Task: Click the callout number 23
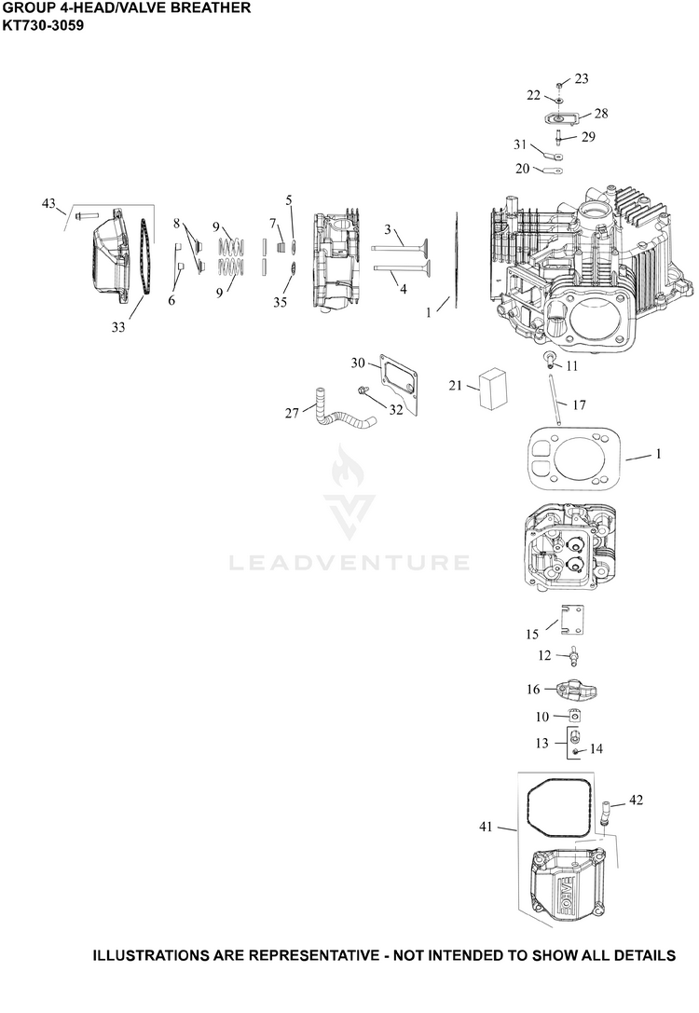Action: coord(582,78)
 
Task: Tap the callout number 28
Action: coord(601,113)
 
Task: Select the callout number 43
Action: coord(49,203)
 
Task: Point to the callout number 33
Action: coord(118,327)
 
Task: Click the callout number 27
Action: coord(292,412)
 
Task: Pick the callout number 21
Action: coord(456,385)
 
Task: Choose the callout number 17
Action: coord(579,404)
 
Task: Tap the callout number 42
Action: coord(636,800)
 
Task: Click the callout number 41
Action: coord(486,827)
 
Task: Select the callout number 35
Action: coord(280,302)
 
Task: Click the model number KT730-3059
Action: coord(43,26)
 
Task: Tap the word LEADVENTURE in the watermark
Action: coord(349,563)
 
